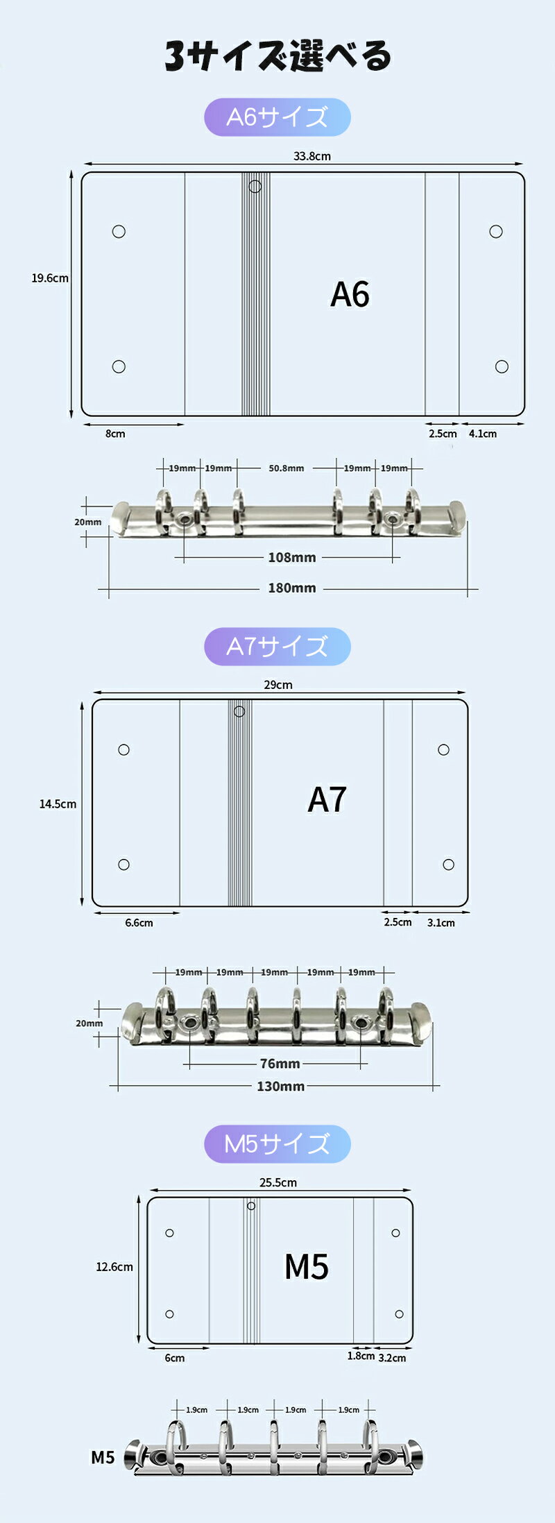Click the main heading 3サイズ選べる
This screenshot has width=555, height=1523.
[x=277, y=56]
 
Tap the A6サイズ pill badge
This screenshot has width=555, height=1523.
[x=277, y=117]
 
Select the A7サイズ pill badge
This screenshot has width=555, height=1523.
[x=277, y=647]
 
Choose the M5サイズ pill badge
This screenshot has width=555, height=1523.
[x=277, y=1144]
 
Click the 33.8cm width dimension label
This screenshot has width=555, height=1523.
[x=311, y=156]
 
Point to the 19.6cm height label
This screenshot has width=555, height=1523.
[x=50, y=278]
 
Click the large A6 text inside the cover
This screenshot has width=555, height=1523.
[x=350, y=294]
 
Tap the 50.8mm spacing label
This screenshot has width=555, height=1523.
[x=287, y=468]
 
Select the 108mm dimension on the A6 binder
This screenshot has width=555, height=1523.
[x=292, y=557]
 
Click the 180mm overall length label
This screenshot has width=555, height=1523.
[x=292, y=588]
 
